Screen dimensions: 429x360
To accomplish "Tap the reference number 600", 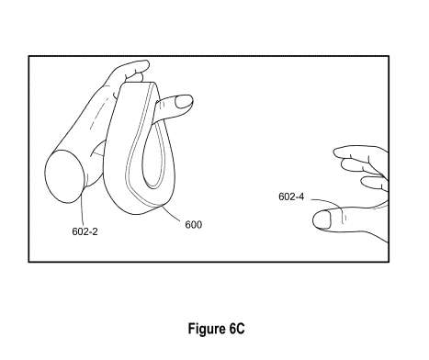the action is pyautogui.click(x=193, y=223).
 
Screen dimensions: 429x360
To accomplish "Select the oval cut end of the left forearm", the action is pyautogui.click(x=63, y=176).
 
